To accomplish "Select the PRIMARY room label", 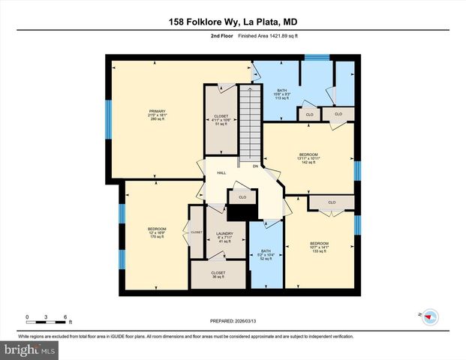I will click(x=158, y=115).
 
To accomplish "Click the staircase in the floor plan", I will click(x=250, y=124).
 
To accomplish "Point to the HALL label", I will click(x=221, y=173).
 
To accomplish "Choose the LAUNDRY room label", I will click(x=225, y=237).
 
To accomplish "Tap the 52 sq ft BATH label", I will click(x=266, y=255).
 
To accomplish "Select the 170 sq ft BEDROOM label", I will click(x=156, y=232).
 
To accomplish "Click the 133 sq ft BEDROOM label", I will click(x=319, y=247).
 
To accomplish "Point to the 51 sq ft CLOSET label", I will click(x=221, y=120).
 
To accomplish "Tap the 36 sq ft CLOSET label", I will click(x=218, y=275).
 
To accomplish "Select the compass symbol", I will click(x=430, y=316).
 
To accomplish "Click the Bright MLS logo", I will click(x=29, y=349).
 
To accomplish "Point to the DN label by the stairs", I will click(x=255, y=166).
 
